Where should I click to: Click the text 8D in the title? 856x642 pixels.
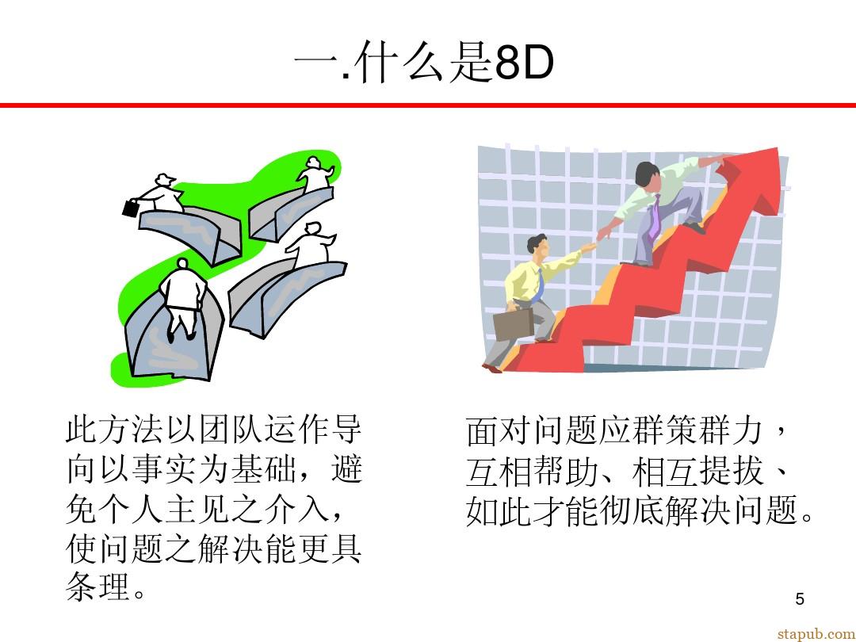click(524, 63)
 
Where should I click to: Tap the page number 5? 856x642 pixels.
click(800, 599)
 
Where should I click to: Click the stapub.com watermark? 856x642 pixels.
click(816, 634)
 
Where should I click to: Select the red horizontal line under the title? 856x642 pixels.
click(428, 105)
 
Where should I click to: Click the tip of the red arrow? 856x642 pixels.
click(777, 149)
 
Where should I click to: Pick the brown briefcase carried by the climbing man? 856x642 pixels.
click(513, 324)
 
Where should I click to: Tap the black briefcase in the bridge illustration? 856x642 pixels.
click(131, 208)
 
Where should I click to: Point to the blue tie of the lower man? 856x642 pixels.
click(538, 286)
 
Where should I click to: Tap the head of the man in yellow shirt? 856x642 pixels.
click(537, 245)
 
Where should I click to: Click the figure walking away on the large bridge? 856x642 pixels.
click(182, 297)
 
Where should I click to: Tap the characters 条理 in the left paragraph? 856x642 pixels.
click(98, 587)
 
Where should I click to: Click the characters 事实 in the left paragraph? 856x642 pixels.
click(165, 468)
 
